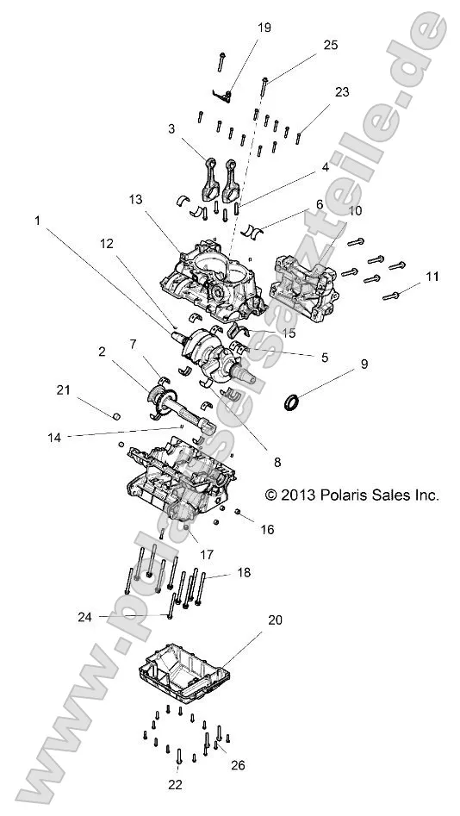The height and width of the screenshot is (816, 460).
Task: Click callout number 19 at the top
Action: (264, 28)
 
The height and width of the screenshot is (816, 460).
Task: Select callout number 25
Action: (331, 44)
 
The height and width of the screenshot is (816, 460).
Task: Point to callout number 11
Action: (432, 277)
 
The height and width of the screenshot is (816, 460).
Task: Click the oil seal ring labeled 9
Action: (294, 401)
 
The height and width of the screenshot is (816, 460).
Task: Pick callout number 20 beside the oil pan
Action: (275, 620)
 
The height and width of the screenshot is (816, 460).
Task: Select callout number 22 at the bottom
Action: (177, 784)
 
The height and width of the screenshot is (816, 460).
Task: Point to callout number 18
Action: (245, 572)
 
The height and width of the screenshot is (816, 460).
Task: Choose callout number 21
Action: (63, 391)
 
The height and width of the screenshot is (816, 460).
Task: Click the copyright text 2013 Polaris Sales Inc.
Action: (351, 495)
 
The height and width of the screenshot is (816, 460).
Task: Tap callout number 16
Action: (268, 530)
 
